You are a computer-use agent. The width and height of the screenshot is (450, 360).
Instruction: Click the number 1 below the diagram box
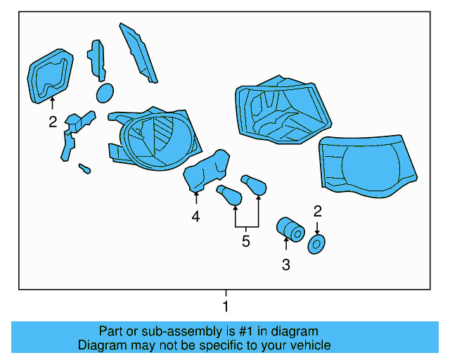(x=226, y=307)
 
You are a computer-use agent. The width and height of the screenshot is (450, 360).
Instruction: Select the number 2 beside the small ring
(x=318, y=211)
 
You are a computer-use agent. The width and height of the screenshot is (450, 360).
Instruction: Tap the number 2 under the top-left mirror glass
(x=53, y=122)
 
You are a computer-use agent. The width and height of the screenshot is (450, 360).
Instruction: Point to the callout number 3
(x=285, y=265)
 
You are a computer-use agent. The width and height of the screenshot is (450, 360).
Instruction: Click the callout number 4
(x=195, y=217)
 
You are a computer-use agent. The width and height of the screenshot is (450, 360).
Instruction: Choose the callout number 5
(x=245, y=242)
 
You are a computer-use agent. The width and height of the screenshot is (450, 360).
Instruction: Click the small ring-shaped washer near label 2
(x=316, y=244)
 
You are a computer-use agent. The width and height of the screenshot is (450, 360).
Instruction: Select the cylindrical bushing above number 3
(x=289, y=229)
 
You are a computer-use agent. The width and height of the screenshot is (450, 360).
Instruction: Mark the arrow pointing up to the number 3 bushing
(x=285, y=244)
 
